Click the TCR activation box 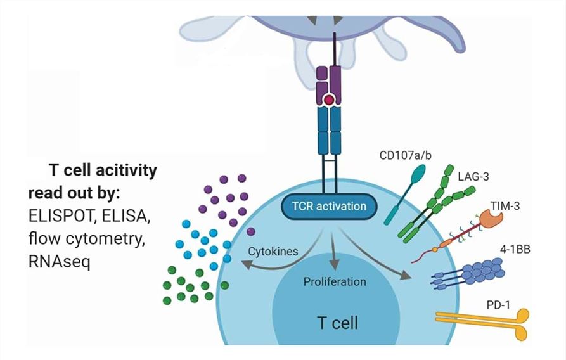click(x=328, y=207)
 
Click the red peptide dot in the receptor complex click(x=328, y=101)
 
